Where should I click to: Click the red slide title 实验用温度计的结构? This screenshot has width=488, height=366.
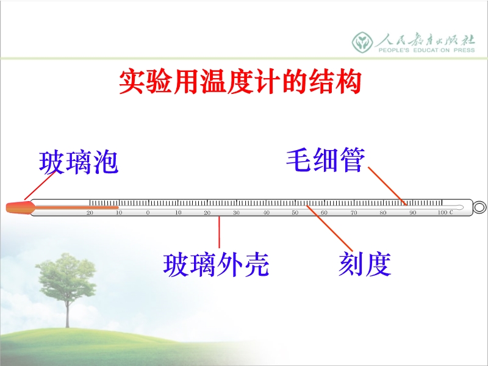pyautogui.click(x=240, y=82)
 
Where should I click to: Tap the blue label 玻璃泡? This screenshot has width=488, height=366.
pyautogui.click(x=79, y=162)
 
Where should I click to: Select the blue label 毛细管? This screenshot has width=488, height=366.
pyautogui.click(x=326, y=160)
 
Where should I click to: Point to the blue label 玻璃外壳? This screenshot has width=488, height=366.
pyautogui.click(x=216, y=265)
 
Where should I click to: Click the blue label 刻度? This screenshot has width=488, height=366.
pyautogui.click(x=365, y=264)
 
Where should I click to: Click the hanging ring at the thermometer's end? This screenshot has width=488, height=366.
pyautogui.click(x=479, y=207)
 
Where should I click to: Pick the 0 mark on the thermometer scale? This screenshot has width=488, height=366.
pyautogui.click(x=148, y=212)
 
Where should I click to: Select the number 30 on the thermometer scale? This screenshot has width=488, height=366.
pyautogui.click(x=236, y=212)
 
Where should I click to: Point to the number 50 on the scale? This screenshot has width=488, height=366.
pyautogui.click(x=295, y=212)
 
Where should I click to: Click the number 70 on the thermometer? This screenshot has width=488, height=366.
pyautogui.click(x=354, y=212)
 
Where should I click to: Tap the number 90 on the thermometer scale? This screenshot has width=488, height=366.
pyautogui.click(x=413, y=212)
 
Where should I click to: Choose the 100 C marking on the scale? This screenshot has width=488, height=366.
pyautogui.click(x=445, y=212)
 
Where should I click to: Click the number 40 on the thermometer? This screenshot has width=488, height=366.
pyautogui.click(x=266, y=212)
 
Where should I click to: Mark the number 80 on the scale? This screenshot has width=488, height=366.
pyautogui.click(x=383, y=212)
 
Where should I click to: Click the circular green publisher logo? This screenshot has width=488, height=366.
pyautogui.click(x=362, y=42)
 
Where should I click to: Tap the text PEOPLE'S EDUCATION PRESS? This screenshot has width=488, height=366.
pyautogui.click(x=426, y=50)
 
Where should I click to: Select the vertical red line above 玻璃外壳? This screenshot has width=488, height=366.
pyautogui.click(x=219, y=232)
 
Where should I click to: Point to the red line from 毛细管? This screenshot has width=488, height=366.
pyautogui.click(x=387, y=186)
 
